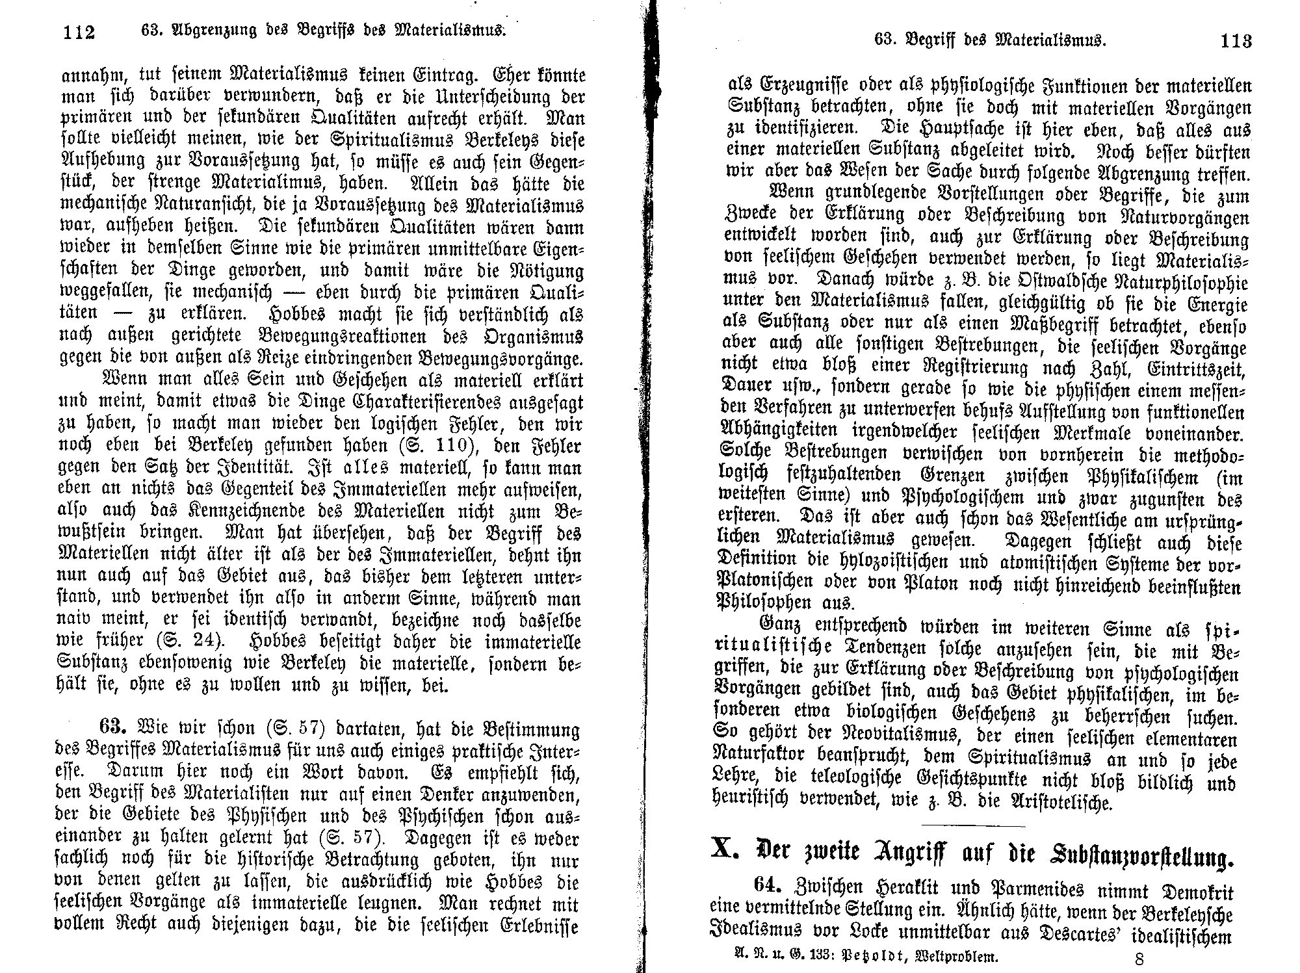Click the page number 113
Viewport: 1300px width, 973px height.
point(1236,41)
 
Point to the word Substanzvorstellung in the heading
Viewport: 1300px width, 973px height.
point(1135,857)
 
